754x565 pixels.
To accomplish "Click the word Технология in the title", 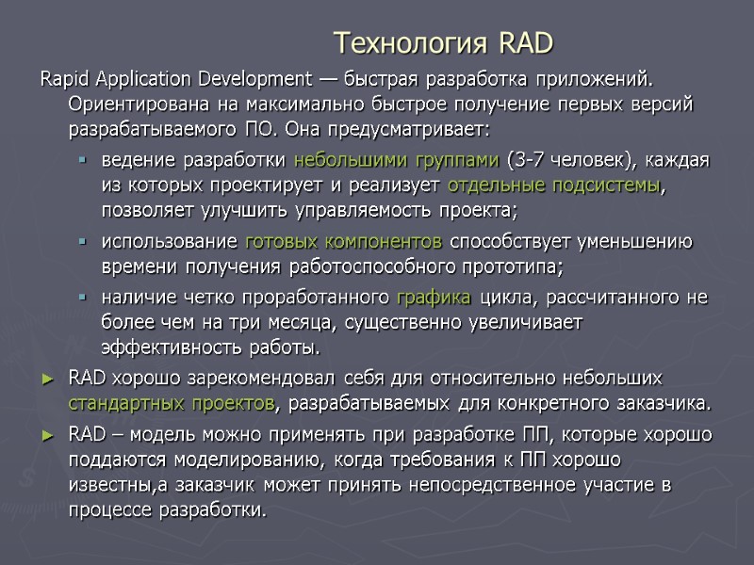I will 412,43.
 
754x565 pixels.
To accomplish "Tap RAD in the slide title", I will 525,43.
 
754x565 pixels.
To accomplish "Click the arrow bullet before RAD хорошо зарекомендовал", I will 51,379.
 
